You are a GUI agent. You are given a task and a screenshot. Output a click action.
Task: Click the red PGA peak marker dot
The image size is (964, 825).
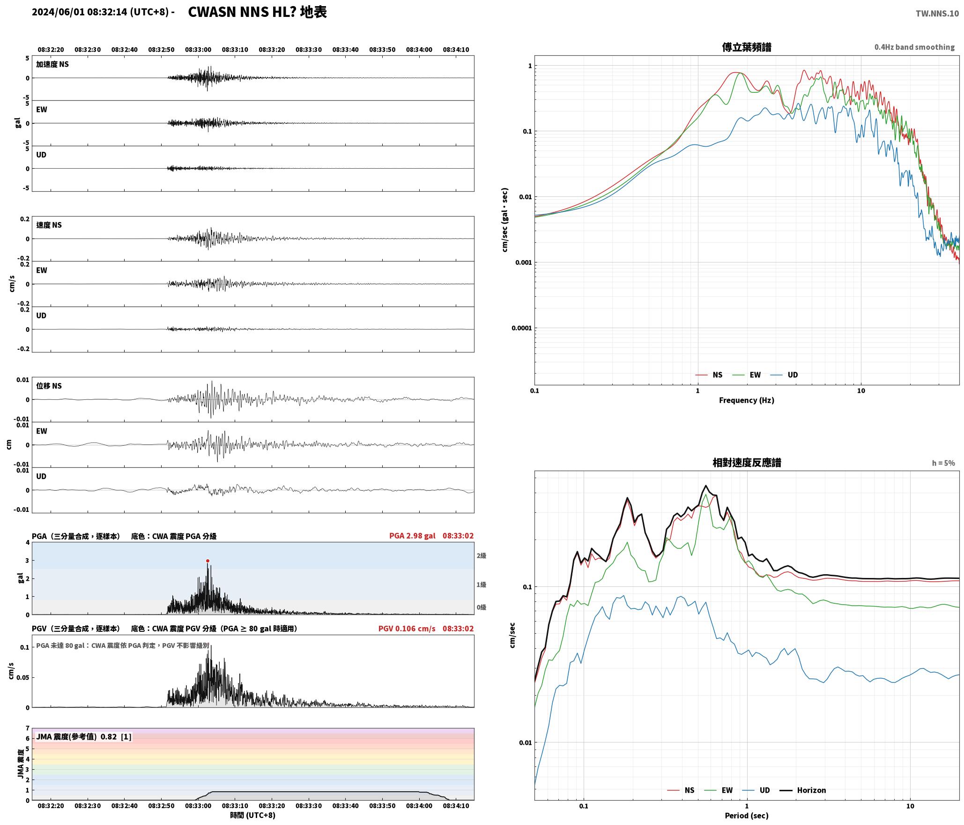[x=208, y=561]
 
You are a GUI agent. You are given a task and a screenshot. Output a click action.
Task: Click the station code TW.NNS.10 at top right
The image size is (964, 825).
[x=937, y=13]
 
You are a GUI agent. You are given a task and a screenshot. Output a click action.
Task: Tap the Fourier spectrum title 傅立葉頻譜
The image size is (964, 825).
[x=747, y=47]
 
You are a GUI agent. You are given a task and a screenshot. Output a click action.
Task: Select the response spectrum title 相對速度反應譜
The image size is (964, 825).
[x=747, y=462]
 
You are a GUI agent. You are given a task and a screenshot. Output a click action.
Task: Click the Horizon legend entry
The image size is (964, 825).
[x=803, y=790]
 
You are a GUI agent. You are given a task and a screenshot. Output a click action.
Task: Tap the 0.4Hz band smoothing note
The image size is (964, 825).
[x=914, y=47]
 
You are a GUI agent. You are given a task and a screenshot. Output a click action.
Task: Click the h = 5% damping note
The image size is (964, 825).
[x=943, y=463]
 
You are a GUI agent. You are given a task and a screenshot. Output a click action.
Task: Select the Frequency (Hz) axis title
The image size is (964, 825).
[x=747, y=400]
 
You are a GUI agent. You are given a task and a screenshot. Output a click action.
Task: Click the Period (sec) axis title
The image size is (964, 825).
[x=747, y=815]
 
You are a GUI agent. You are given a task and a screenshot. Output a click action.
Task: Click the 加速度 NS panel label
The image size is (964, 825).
[x=52, y=64]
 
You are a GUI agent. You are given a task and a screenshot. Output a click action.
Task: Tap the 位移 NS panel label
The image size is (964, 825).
[x=49, y=386]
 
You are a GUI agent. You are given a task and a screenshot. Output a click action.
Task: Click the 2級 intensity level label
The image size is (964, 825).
[x=482, y=555]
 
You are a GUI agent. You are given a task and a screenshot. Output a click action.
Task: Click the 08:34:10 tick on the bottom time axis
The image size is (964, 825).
[x=456, y=805]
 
